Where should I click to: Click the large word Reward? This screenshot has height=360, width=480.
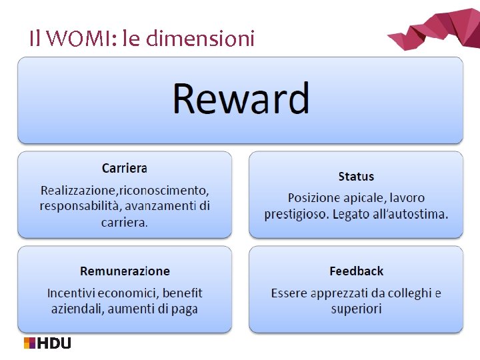pyautogui.click(x=241, y=99)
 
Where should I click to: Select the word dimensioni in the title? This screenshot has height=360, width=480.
pyautogui.click(x=199, y=39)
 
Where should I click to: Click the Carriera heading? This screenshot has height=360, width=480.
pyautogui.click(x=125, y=168)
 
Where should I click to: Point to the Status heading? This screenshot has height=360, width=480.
pyautogui.click(x=356, y=177)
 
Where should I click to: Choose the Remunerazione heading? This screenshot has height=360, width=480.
pyautogui.click(x=125, y=271)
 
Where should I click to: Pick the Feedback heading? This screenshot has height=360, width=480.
pyautogui.click(x=356, y=271)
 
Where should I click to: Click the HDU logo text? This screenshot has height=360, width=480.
pyautogui.click(x=55, y=343)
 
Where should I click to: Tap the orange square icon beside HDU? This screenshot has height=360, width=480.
pyautogui.click(x=29, y=343)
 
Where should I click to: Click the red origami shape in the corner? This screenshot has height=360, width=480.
pyautogui.click(x=437, y=28)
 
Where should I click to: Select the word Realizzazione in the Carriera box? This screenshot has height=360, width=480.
pyautogui.click(x=79, y=190)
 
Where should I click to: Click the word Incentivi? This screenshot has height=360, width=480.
pyautogui.click(x=71, y=293)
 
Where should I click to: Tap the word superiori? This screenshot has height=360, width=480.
pyautogui.click(x=356, y=309)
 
